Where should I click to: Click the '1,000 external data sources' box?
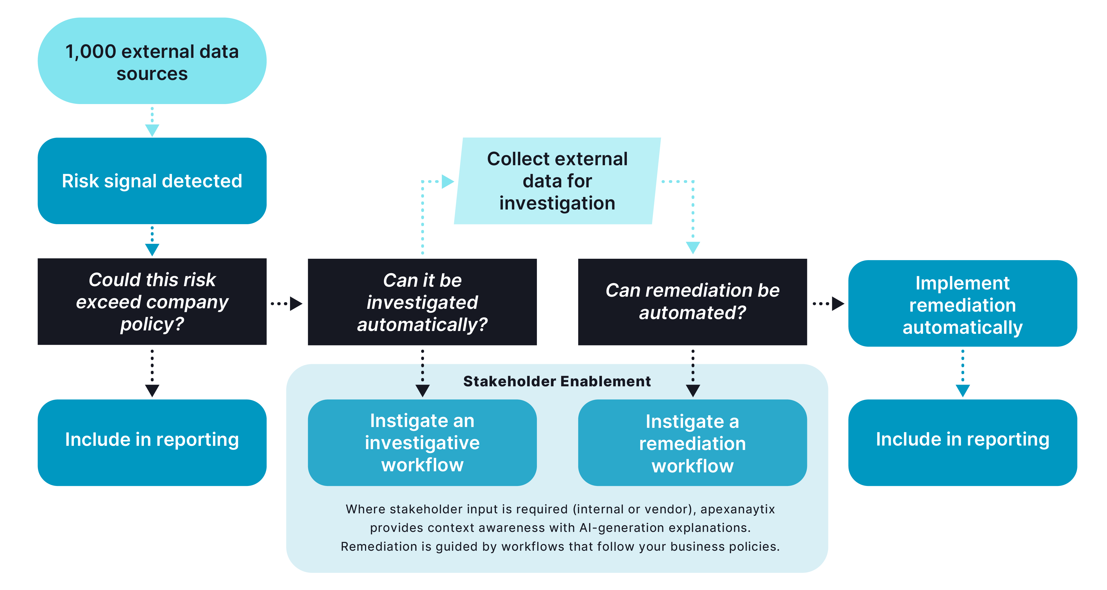[152, 61]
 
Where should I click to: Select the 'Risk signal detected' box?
[152, 181]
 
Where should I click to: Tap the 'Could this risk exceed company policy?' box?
[152, 302]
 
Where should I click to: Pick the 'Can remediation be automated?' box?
[692, 302]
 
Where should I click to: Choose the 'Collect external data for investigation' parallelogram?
[557, 181]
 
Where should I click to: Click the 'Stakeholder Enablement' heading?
[557, 381]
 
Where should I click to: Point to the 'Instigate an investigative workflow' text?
[422, 442]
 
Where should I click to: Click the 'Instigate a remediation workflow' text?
[692, 443]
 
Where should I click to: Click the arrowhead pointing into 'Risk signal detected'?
[152, 130]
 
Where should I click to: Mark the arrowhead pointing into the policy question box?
[152, 250]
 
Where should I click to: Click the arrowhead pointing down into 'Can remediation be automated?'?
[693, 247]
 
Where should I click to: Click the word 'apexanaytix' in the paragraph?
[738, 509]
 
